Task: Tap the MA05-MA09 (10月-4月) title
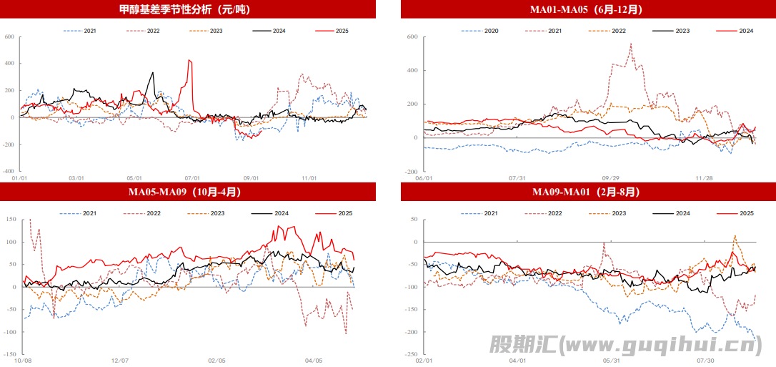point(185,192)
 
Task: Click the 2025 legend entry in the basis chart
point(342,31)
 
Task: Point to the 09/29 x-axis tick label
point(610,178)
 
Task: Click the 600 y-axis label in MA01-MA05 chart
point(412,36)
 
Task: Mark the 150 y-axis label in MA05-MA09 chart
point(10,219)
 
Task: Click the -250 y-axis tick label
point(411,355)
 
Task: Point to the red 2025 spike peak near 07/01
point(189,60)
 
